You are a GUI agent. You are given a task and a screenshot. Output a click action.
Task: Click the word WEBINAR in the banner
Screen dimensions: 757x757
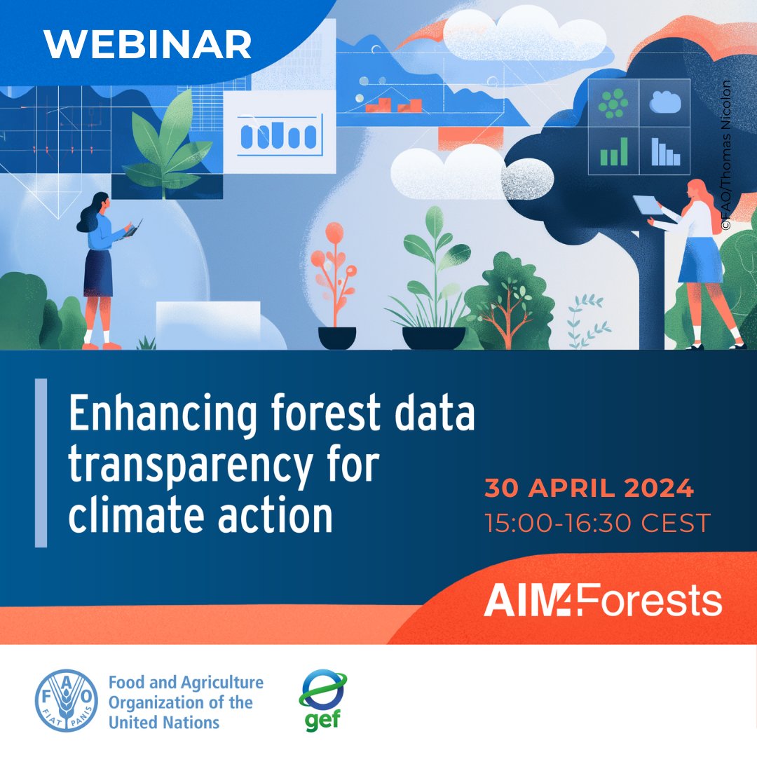point(148,46)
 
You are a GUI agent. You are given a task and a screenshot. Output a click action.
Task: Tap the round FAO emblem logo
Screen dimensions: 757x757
point(67,700)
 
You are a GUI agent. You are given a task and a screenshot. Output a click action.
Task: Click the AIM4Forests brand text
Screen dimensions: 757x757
point(602,601)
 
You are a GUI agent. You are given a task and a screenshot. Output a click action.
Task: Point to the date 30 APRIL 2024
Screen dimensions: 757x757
point(589,489)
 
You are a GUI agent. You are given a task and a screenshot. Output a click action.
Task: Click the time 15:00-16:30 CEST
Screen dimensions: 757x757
point(597,522)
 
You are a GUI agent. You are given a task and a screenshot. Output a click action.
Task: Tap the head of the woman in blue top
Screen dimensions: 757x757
point(99,203)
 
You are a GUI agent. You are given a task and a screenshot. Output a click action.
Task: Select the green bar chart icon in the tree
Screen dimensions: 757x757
point(613,151)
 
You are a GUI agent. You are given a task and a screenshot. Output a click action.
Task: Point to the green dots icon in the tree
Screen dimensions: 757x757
point(613,104)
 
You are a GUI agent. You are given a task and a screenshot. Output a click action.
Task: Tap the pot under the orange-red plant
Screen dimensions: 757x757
point(337,338)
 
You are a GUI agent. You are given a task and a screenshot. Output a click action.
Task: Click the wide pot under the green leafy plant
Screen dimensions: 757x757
point(434,338)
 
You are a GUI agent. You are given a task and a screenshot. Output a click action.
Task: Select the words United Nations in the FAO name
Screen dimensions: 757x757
point(164,721)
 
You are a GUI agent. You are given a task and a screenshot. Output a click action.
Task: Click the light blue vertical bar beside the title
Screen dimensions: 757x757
point(41,463)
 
